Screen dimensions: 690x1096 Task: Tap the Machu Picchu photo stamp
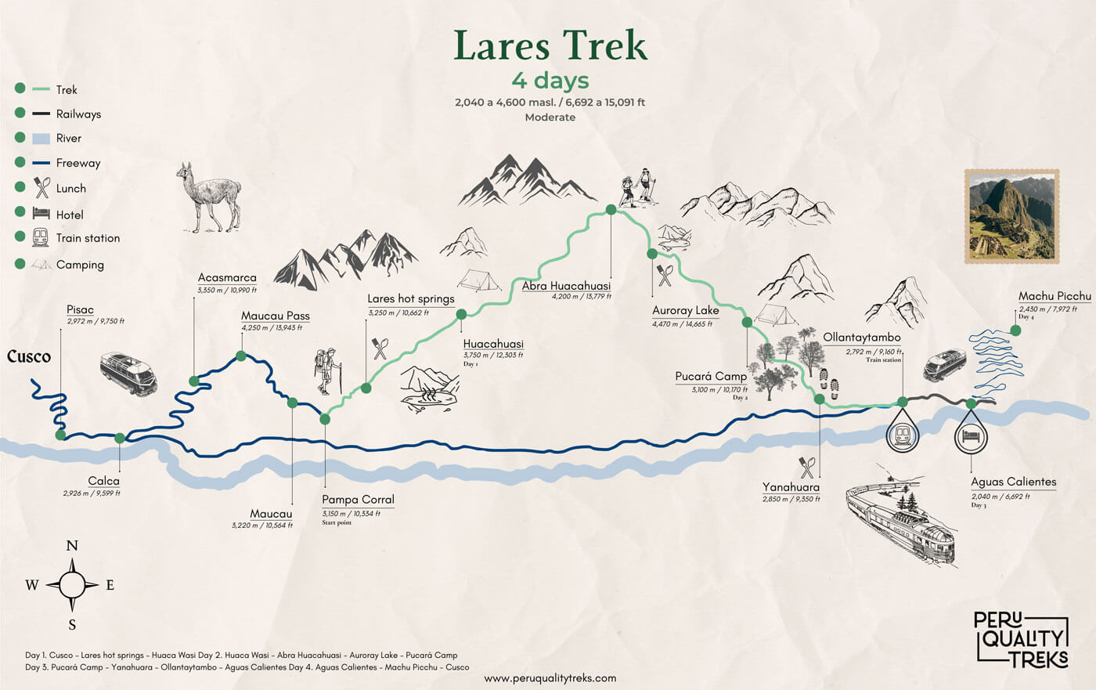1011,216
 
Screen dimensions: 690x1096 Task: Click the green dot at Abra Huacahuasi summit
611,209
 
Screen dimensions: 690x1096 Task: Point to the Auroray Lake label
685,310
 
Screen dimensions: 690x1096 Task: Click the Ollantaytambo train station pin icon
902,435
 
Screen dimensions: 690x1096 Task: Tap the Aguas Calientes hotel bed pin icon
971,436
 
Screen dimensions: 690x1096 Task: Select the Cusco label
29,356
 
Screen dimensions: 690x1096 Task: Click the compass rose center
72,584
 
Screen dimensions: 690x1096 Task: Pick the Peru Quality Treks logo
1021,639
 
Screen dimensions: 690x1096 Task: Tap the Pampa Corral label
358,500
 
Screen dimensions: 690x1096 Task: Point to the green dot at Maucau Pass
241,356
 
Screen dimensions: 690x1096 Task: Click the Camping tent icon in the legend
41,265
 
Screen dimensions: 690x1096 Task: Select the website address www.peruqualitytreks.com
550,678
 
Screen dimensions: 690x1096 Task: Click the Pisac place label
80,310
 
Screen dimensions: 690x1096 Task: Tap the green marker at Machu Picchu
1015,331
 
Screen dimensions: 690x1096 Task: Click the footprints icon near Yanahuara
828,385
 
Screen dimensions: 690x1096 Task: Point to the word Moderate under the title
550,117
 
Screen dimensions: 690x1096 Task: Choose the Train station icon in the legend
41,237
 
